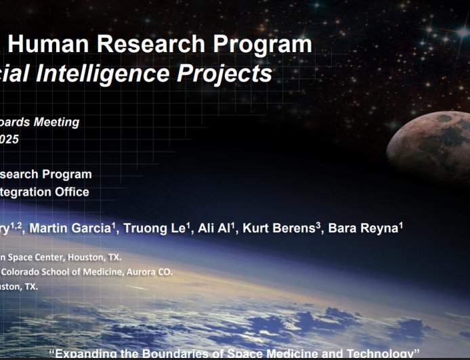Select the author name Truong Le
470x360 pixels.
point(155,229)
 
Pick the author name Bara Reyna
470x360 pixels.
point(363,229)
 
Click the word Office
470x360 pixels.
point(71,192)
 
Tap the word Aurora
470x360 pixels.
point(144,272)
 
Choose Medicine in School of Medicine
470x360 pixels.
point(109,272)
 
